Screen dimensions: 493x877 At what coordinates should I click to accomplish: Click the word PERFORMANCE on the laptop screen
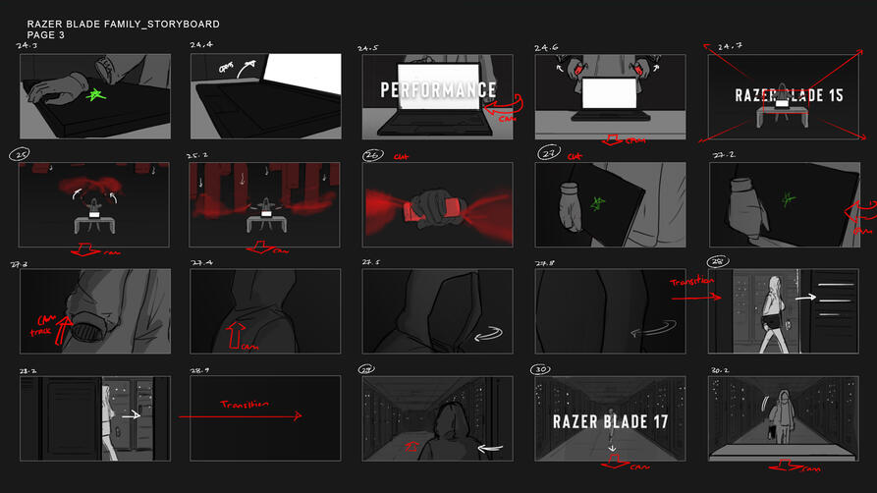click(x=437, y=91)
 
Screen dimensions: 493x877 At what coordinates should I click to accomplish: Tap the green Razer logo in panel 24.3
click(x=96, y=96)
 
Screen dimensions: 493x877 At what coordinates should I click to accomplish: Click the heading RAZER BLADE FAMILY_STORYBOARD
click(x=123, y=24)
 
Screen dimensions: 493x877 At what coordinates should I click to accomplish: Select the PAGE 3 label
click(x=46, y=35)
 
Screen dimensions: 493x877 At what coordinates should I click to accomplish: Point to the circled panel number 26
click(x=373, y=154)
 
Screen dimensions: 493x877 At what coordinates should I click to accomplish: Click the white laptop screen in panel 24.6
click(x=609, y=93)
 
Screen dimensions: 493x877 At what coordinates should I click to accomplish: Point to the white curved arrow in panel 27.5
click(x=485, y=336)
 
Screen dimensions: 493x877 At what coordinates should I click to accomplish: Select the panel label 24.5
click(x=369, y=46)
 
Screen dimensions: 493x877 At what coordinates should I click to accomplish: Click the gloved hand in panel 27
click(x=572, y=208)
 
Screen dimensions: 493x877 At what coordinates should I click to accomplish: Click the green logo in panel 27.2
click(x=788, y=196)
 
